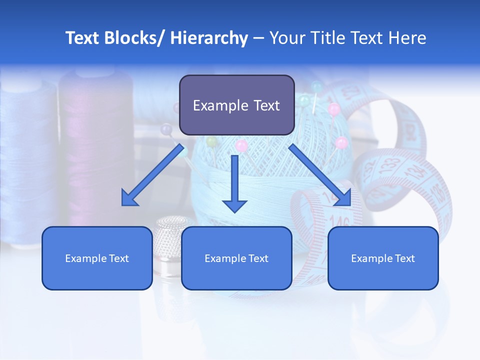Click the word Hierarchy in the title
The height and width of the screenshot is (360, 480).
(x=209, y=38)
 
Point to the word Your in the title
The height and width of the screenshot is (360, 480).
(x=286, y=38)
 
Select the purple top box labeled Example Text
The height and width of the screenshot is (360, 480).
(x=236, y=105)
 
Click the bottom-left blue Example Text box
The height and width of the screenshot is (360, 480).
(x=97, y=258)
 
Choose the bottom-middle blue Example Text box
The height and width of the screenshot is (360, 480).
(x=236, y=258)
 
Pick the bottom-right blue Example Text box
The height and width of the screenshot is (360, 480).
(x=383, y=258)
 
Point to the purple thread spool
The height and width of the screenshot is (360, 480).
(x=95, y=150)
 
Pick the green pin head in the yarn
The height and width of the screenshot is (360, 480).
(x=212, y=141)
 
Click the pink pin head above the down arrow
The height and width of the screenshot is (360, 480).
(x=242, y=145)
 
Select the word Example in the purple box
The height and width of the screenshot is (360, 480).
(x=214, y=105)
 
